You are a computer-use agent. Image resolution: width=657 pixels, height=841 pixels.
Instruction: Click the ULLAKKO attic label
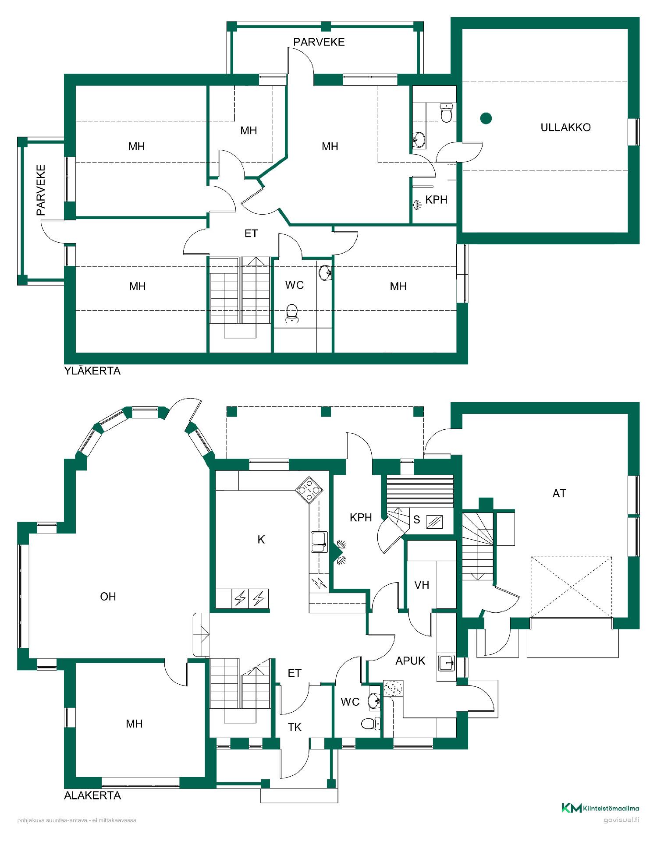[x=565, y=127]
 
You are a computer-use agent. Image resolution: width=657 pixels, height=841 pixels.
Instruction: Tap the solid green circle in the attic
[x=486, y=118]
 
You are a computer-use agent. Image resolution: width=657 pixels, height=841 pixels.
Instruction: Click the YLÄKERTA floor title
[x=92, y=371]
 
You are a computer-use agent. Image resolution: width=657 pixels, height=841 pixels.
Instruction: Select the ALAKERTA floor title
[x=92, y=795]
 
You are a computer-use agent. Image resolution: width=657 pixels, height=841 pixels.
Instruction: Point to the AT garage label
[x=559, y=494]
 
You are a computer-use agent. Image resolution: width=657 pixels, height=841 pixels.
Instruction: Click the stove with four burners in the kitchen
[x=309, y=490]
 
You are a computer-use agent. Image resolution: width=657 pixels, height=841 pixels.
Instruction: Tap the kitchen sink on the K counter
[x=319, y=542]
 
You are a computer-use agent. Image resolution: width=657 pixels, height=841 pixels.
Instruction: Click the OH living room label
[x=108, y=597]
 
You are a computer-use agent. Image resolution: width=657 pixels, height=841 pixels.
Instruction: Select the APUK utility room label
[x=410, y=661]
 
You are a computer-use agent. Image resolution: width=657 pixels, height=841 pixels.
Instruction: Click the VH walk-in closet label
[x=422, y=585]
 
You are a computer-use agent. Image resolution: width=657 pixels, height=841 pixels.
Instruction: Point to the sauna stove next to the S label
[x=434, y=522]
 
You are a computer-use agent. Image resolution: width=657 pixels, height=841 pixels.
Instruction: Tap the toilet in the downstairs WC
[x=370, y=724]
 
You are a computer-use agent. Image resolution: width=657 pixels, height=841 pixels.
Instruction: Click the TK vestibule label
[x=295, y=727]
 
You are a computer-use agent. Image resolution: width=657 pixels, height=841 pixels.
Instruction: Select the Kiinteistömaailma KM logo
[x=600, y=808]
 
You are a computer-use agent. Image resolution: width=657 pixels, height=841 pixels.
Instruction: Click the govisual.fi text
[x=621, y=820]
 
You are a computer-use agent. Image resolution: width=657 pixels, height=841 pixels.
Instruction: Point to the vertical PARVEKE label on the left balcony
[x=41, y=190]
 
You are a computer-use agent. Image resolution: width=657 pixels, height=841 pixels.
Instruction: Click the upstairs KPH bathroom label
[x=436, y=200]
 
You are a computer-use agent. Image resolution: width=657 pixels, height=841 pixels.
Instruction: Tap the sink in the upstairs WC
[x=325, y=273]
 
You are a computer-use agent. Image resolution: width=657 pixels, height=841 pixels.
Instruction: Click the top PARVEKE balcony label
[x=319, y=42]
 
